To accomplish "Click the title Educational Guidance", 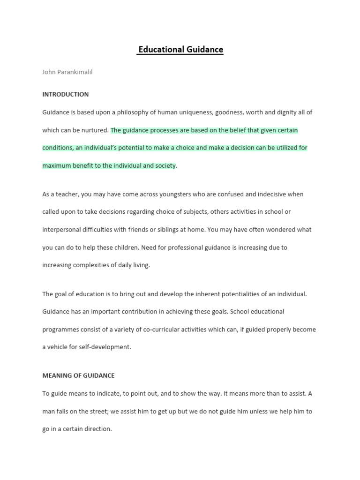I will (180, 49).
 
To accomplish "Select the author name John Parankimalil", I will (71, 72).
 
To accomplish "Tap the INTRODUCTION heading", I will (65, 94).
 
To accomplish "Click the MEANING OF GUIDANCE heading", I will (78, 375).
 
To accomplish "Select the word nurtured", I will (96, 130).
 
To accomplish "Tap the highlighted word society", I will (164, 165).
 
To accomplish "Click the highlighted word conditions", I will (57, 148).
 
